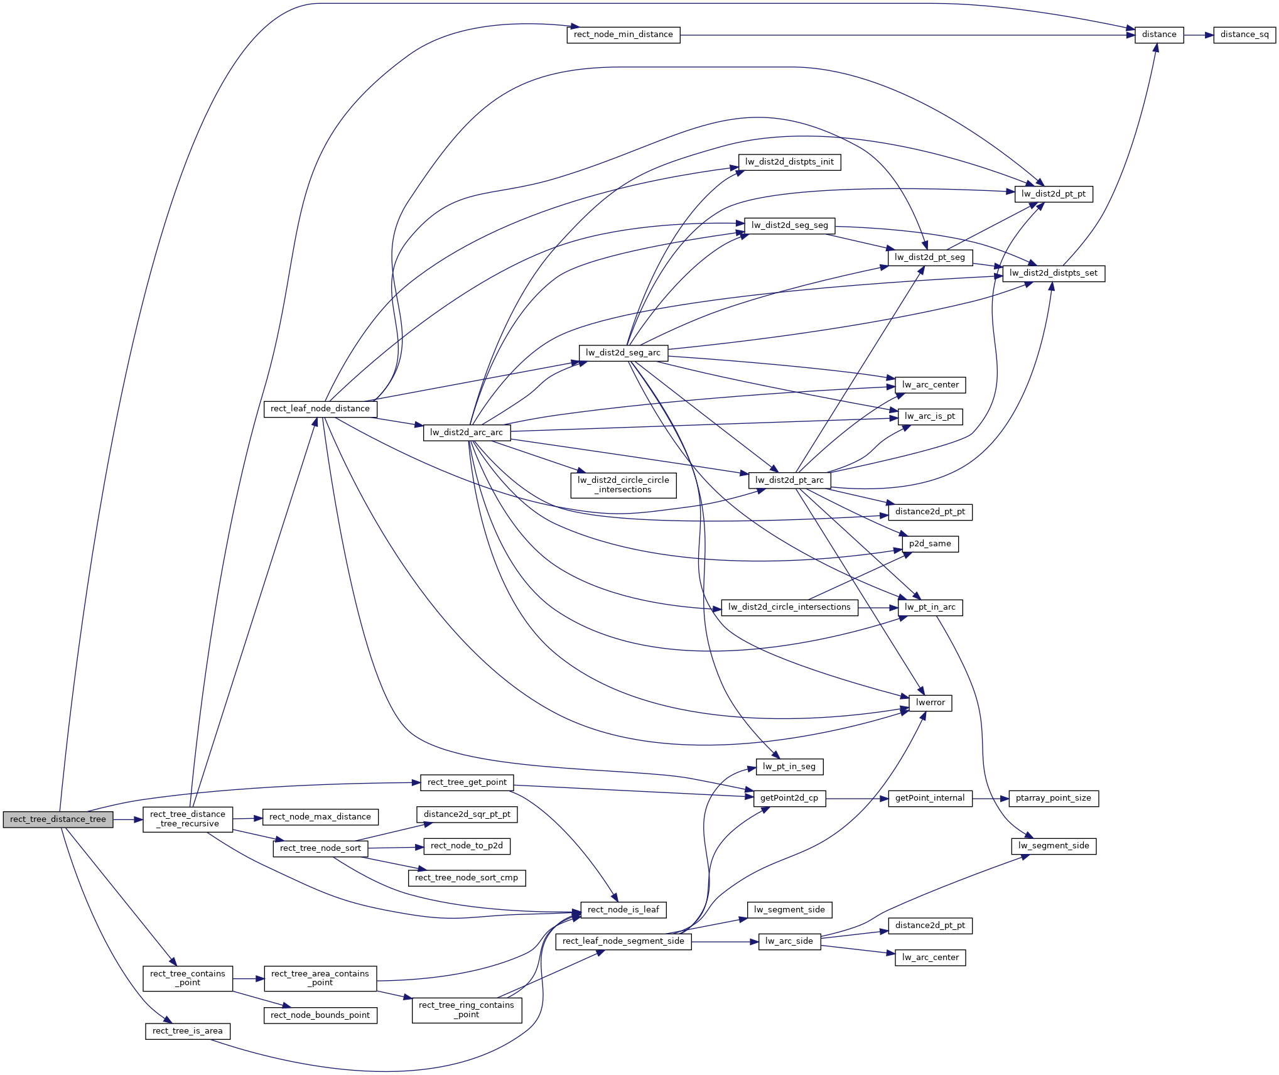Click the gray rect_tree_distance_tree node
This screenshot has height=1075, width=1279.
[58, 819]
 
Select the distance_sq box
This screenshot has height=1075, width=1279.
[1244, 35]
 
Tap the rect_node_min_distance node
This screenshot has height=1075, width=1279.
[623, 35]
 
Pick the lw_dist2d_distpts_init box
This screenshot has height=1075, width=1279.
[789, 162]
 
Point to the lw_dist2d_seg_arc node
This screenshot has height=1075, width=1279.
[623, 353]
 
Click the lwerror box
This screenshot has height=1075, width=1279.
[930, 703]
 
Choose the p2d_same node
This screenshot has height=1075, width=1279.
[930, 544]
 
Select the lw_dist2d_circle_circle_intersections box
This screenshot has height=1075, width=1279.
[623, 485]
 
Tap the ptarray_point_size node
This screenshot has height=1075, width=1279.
[1053, 798]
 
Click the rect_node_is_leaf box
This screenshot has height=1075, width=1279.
[623, 910]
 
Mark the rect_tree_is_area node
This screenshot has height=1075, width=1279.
[187, 1031]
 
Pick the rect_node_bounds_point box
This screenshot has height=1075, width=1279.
[320, 1015]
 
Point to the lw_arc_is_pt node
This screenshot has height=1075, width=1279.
[930, 416]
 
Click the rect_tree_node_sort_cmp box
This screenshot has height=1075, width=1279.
[467, 878]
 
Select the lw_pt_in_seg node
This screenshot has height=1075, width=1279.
[789, 767]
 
